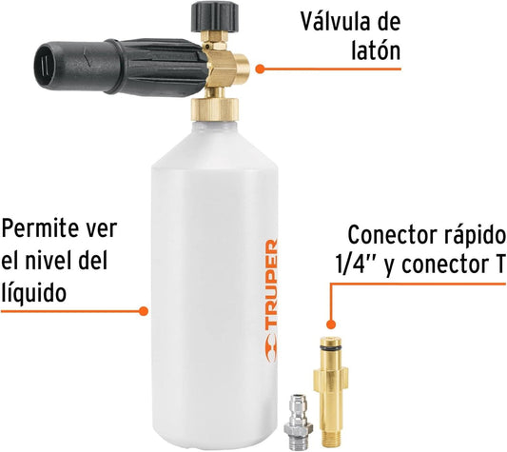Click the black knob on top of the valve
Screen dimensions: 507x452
(x=215, y=16)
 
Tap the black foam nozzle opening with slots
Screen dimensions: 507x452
(x=46, y=67)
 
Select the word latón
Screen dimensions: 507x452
(x=376, y=50)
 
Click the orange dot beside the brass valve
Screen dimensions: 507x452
(x=260, y=69)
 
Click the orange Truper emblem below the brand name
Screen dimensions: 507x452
(x=271, y=348)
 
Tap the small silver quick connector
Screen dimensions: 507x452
(x=298, y=417)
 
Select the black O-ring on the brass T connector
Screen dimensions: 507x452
(x=330, y=348)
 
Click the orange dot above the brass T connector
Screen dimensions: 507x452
(x=330, y=324)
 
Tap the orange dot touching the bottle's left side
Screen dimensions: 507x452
(x=144, y=311)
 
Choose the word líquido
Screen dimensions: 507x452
(x=34, y=292)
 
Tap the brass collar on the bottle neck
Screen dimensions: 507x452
(x=215, y=109)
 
